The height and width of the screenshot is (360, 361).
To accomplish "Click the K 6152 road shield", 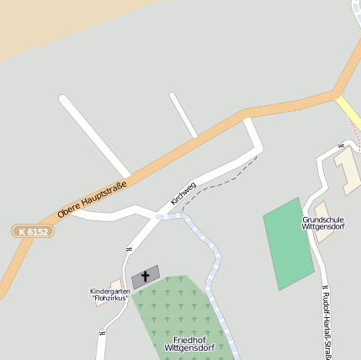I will [34, 230].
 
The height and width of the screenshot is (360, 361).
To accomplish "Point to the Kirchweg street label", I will [183, 193].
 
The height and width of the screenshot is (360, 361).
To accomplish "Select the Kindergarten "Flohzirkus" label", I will [110, 294].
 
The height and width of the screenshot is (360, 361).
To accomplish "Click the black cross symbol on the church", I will [146, 276].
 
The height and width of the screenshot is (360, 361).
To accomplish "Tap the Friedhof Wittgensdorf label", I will [189, 342].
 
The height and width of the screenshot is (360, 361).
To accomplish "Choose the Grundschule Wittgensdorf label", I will [323, 223].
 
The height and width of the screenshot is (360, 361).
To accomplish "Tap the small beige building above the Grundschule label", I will [321, 209].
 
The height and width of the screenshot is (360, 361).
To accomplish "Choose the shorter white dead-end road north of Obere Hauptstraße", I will [183, 114].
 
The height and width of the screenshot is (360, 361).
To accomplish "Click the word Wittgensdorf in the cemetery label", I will [189, 347].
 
